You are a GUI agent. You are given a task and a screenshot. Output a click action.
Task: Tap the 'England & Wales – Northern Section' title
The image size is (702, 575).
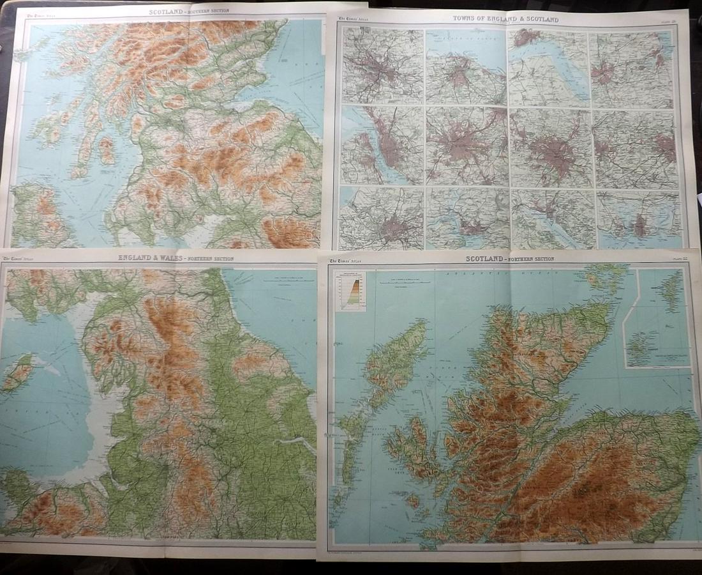pos(176,258)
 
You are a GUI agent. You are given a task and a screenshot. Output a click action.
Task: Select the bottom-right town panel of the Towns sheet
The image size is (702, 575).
pos(639,220)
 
